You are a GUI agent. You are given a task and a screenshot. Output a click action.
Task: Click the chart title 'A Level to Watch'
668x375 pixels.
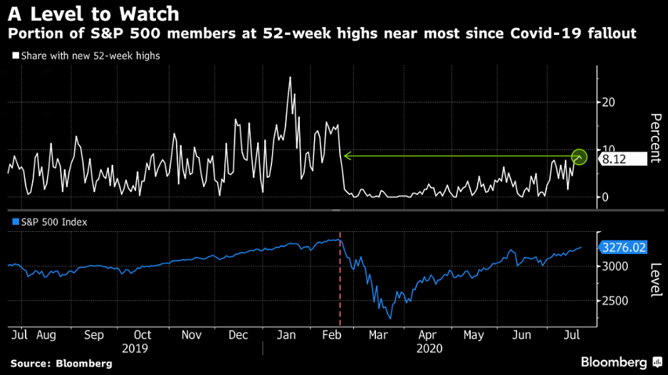point(94,14)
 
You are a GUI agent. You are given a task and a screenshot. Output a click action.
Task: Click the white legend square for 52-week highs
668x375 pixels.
point(15,56)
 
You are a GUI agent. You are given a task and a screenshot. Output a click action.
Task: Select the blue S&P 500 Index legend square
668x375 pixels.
point(15,222)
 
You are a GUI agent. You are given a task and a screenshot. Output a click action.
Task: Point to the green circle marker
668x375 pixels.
point(580,156)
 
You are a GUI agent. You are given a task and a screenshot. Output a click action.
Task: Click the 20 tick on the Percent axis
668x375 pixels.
point(607,102)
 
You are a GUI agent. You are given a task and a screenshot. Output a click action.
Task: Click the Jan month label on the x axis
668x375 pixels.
point(287,334)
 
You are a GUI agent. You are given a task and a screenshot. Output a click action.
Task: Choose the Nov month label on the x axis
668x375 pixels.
point(191,334)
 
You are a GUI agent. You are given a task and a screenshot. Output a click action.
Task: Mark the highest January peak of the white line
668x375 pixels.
point(290,78)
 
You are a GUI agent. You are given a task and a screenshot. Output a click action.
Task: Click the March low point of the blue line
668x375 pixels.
point(390,317)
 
